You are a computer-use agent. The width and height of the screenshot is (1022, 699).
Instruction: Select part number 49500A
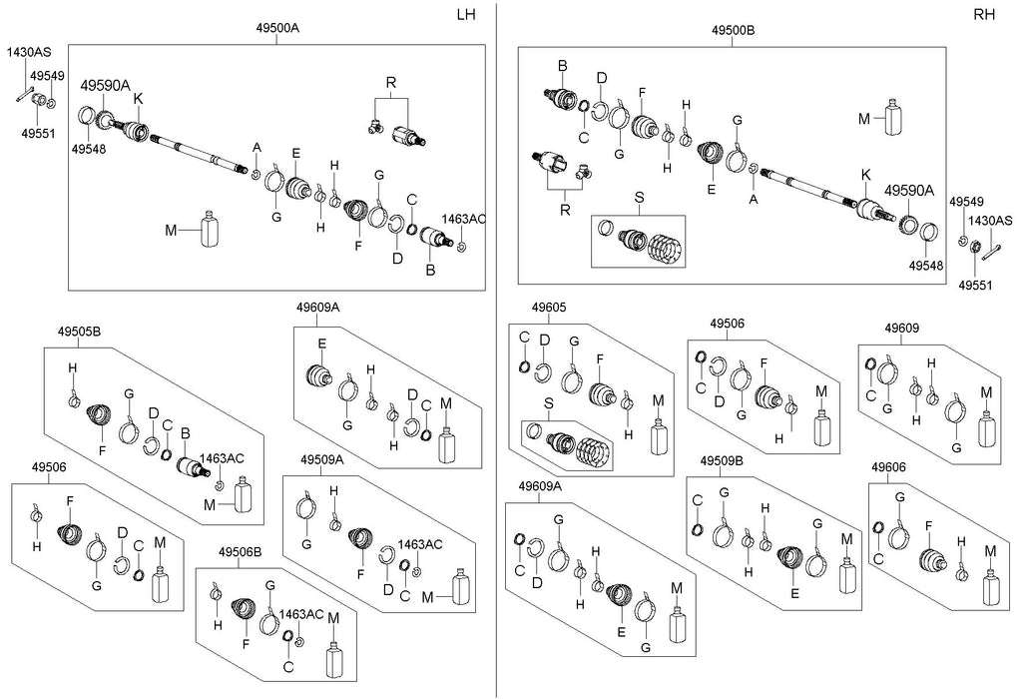click(276, 29)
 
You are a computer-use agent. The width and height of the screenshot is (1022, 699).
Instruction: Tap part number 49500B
click(733, 30)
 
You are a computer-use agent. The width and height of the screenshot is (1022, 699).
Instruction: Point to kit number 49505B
click(79, 331)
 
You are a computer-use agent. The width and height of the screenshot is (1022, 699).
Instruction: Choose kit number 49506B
click(243, 552)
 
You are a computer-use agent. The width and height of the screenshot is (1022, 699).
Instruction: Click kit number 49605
click(548, 307)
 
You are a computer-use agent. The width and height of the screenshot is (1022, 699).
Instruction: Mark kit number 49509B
click(722, 461)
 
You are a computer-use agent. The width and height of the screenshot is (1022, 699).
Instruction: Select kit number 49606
click(888, 466)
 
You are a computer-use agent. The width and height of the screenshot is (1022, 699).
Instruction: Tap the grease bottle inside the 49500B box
click(892, 119)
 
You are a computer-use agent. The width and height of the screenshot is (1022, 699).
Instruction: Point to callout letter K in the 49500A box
click(139, 98)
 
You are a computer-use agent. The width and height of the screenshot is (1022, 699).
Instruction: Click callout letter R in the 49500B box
click(567, 211)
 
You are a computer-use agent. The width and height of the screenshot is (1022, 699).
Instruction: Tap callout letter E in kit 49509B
click(793, 591)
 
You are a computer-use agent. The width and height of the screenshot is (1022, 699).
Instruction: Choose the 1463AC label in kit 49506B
click(302, 614)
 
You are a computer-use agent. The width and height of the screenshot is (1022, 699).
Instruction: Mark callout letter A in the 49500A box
click(255, 148)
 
